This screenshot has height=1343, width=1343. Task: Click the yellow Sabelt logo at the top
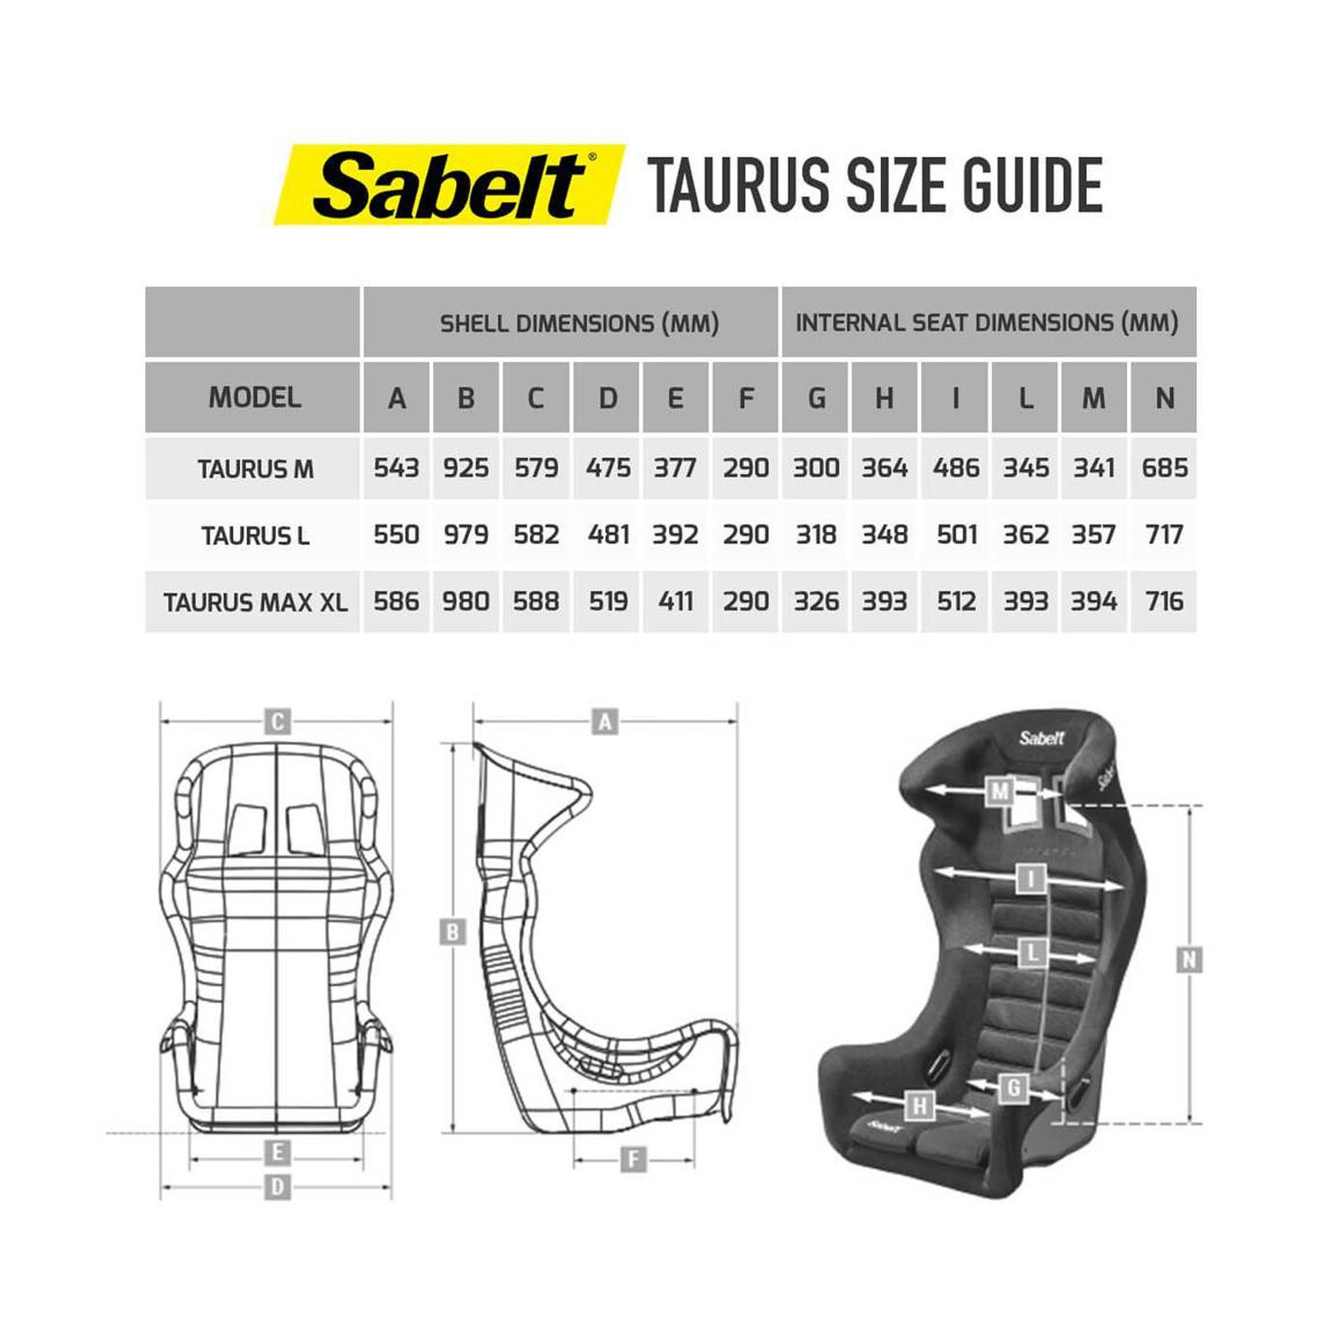[x=449, y=184]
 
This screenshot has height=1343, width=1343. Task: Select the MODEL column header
[x=253, y=398]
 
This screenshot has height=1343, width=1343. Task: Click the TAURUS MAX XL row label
[x=254, y=602]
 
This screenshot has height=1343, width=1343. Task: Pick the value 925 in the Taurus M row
[x=466, y=468]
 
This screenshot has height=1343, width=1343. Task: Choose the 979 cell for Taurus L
[x=466, y=535]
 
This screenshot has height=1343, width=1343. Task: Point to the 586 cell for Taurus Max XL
[x=396, y=602]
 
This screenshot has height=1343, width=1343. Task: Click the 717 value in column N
[x=1164, y=535]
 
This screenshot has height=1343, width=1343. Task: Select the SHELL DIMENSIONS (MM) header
[x=579, y=323]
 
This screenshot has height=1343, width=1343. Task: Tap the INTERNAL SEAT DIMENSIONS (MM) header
[x=987, y=323]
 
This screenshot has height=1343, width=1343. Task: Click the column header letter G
[x=816, y=398]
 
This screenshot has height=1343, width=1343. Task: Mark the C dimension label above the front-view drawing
[x=278, y=722]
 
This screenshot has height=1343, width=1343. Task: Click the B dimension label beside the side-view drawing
[x=452, y=933]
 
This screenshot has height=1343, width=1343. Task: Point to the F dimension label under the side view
[x=633, y=1160]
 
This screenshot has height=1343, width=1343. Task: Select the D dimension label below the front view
[x=278, y=1187]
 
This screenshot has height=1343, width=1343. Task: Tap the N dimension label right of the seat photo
[x=1188, y=961]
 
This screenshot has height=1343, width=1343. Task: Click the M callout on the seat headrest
[x=999, y=791]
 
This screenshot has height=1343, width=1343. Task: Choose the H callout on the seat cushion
[x=919, y=1107]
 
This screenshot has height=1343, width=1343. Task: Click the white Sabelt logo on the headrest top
[x=1041, y=739]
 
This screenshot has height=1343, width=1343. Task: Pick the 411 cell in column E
[x=675, y=602]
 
